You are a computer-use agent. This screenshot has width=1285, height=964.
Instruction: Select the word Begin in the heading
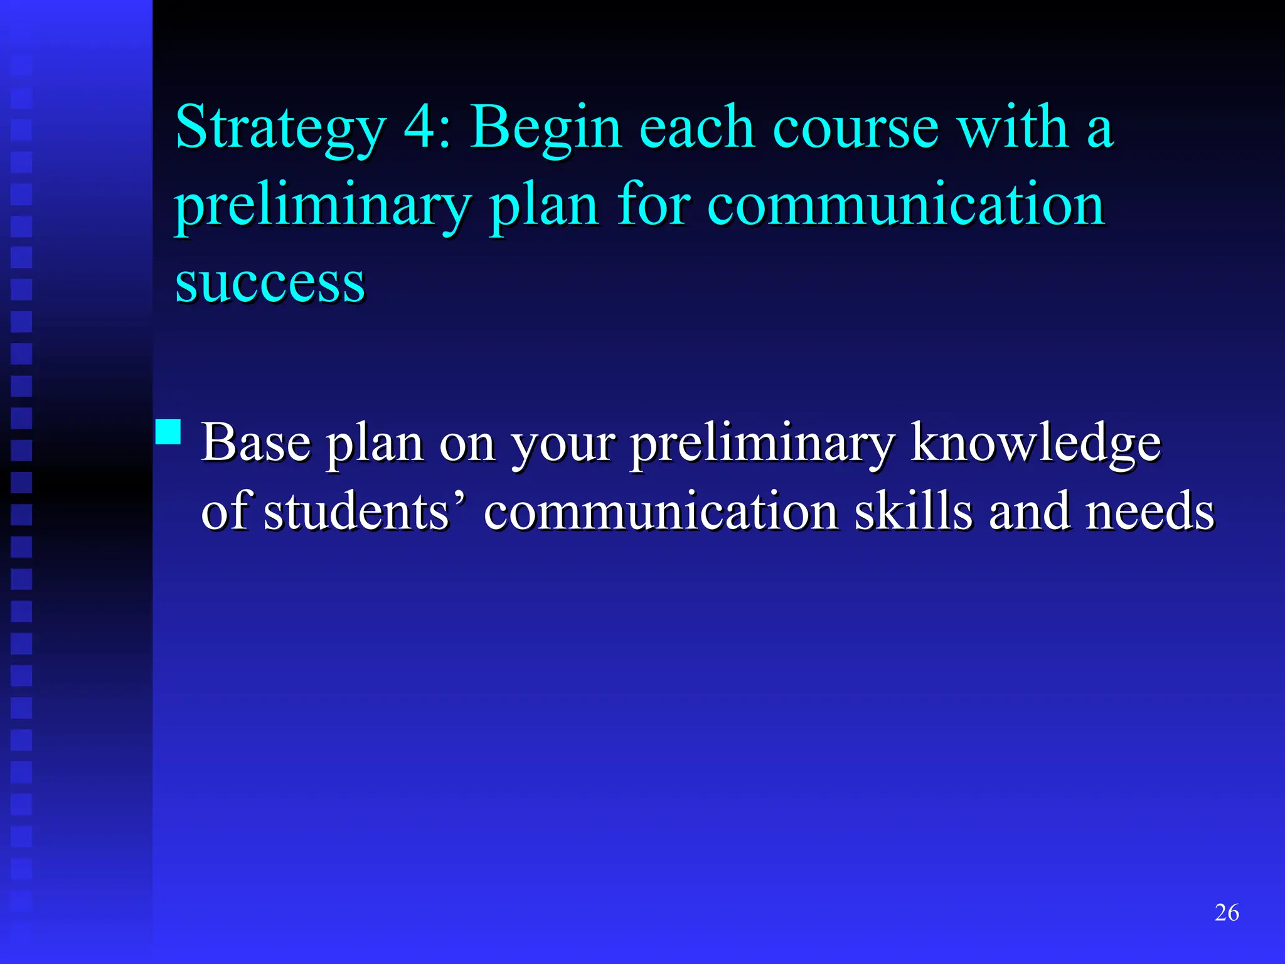(546, 129)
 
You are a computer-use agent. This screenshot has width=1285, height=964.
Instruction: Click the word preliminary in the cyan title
(323, 206)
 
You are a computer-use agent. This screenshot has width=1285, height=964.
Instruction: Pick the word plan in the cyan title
(544, 206)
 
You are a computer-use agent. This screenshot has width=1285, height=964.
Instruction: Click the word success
(270, 284)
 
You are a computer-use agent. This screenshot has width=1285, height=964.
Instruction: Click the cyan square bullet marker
(168, 432)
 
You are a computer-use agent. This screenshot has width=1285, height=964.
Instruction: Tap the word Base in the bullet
(255, 443)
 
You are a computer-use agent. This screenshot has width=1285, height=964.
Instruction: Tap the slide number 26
(1227, 913)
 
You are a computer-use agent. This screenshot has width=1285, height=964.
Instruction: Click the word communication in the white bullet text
(661, 511)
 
